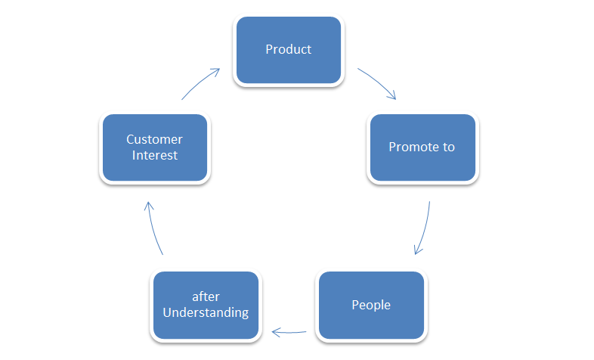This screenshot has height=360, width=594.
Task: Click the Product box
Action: point(289,50)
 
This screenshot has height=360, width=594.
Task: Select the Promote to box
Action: point(422,147)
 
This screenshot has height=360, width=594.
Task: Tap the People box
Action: point(371,305)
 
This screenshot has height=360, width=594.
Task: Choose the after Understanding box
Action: point(206,305)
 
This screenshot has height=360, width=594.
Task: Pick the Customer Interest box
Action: point(155,147)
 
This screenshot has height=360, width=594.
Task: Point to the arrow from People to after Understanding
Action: point(289,331)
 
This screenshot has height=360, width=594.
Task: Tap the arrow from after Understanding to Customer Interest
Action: point(153,227)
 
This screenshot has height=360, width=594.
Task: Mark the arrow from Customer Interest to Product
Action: point(200,83)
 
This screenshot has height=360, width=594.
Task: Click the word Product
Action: point(289,50)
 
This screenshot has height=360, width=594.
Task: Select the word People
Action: point(371,306)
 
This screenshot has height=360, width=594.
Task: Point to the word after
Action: point(206,297)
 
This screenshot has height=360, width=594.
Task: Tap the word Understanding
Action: point(206,313)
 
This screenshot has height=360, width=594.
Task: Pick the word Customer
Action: point(155,140)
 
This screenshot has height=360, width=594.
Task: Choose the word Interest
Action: point(155,156)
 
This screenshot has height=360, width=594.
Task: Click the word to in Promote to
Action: point(448,147)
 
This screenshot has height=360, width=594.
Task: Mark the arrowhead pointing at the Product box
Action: point(216,71)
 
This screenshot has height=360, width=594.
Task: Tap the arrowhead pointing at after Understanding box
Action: point(275,331)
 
